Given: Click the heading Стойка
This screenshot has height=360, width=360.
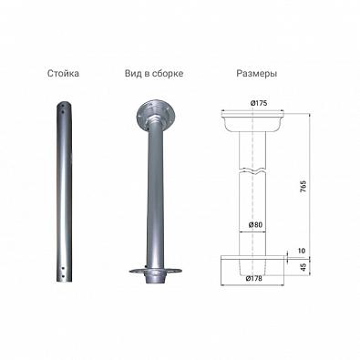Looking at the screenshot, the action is (x=63, y=74).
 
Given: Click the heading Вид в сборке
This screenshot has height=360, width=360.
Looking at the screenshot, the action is (x=154, y=74).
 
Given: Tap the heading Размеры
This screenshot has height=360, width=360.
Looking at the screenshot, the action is (x=257, y=74).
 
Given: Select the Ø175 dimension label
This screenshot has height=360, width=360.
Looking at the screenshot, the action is (x=259, y=103).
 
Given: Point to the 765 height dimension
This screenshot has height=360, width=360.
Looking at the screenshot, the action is (x=303, y=187).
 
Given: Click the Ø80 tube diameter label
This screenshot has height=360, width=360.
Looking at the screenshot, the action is (x=255, y=225).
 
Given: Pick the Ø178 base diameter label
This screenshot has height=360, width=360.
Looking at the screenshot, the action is (x=253, y=278).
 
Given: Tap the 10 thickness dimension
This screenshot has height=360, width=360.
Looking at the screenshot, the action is (x=302, y=251).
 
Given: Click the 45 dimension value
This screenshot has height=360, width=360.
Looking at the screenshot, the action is (x=303, y=267).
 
